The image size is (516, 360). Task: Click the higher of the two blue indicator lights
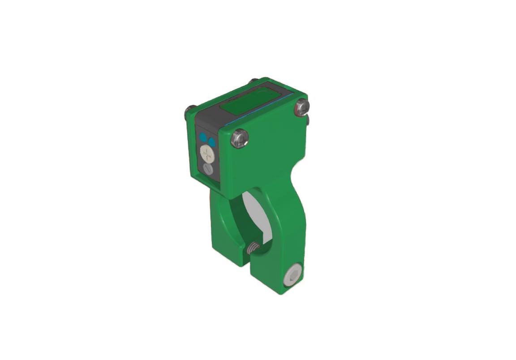coord(203,136)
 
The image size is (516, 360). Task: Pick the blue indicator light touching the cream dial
coord(211,142)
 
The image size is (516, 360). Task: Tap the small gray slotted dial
coord(208,169)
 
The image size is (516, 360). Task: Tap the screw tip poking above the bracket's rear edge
coord(254,81)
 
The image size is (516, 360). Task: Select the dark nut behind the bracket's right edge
coord(308,120)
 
